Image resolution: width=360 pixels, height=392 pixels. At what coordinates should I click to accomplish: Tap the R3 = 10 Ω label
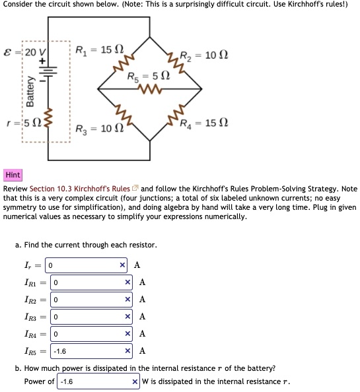click(x=97, y=127)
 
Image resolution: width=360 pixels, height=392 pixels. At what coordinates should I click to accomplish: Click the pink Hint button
click(x=13, y=175)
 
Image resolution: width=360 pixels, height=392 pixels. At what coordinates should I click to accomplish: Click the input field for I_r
click(x=83, y=265)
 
